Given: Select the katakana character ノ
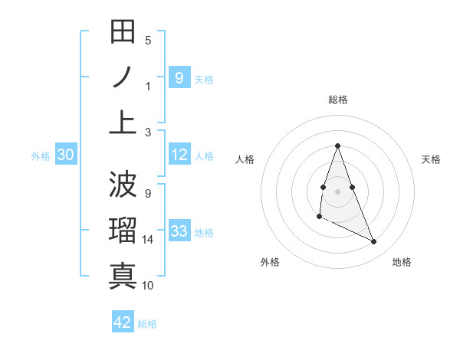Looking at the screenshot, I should (123, 77).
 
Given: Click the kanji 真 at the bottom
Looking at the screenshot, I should (123, 276).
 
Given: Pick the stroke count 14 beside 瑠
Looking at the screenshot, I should (148, 240).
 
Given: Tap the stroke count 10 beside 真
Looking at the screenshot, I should (148, 286).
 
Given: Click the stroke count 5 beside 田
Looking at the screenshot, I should (148, 41).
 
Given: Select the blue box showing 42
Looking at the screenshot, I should (123, 322).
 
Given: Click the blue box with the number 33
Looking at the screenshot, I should (179, 231).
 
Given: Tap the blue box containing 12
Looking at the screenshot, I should (179, 155).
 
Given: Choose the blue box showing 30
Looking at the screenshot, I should (65, 155).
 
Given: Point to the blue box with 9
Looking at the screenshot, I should (179, 77).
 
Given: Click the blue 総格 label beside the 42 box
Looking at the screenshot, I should (148, 324).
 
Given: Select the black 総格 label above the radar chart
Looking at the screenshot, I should (338, 100).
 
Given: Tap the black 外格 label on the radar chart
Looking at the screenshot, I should (270, 262).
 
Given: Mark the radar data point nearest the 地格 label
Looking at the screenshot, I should (374, 241).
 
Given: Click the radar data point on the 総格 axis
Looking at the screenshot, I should (337, 146).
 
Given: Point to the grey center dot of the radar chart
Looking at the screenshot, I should (337, 190).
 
